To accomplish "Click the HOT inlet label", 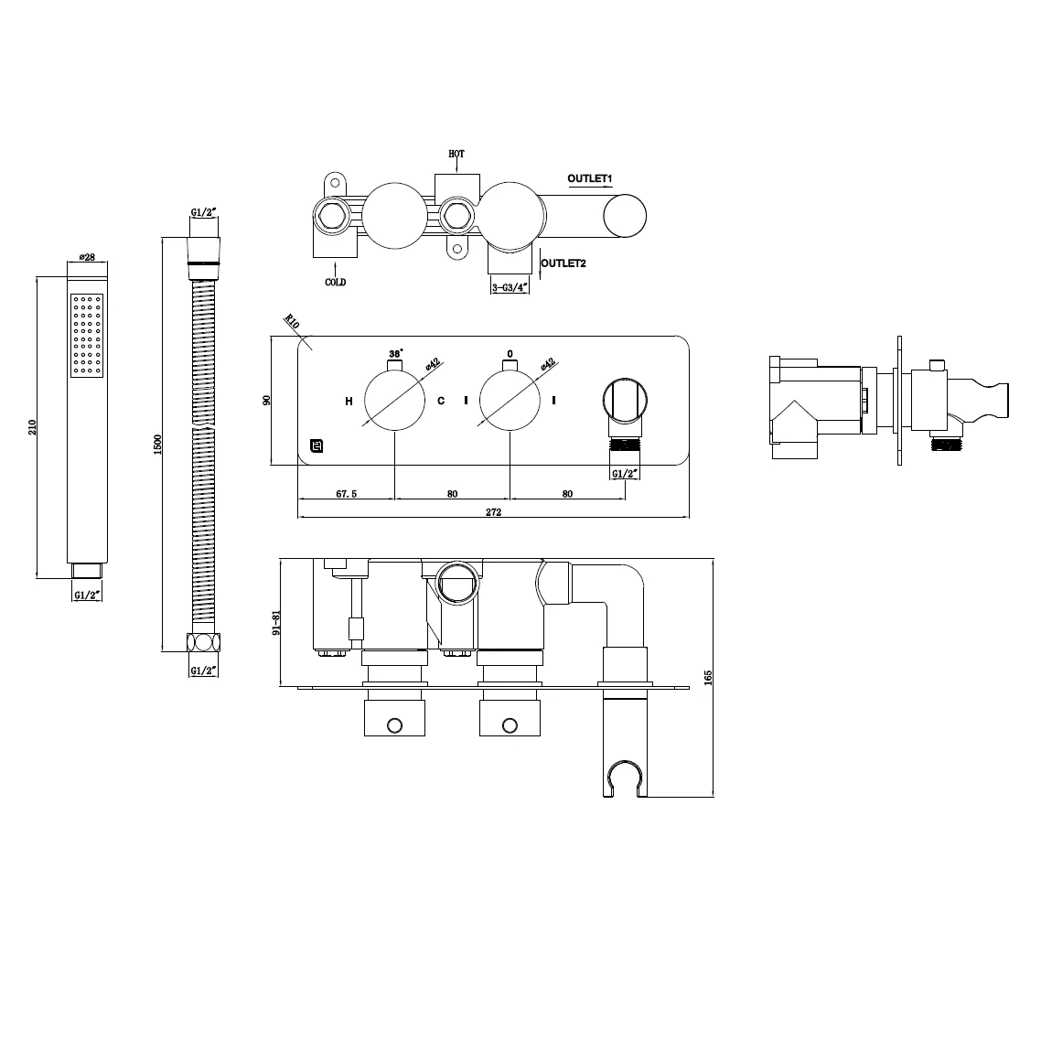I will [x=456, y=154].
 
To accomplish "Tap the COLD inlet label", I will [x=336, y=283].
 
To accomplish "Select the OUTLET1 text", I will [x=589, y=177].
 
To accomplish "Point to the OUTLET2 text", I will [x=563, y=263].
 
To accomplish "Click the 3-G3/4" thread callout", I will [x=510, y=287].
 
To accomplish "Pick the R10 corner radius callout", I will [x=293, y=321].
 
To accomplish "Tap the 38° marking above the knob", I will [x=395, y=353].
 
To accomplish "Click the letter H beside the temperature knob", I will [x=349, y=401].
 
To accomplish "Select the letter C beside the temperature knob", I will [x=441, y=401].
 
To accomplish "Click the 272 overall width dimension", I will [x=493, y=512].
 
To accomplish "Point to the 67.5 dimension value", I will [x=346, y=494].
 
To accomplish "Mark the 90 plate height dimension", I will [x=266, y=402].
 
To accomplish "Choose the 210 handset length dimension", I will [x=34, y=426].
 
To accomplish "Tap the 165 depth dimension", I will [x=708, y=676].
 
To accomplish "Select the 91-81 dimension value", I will [x=276, y=623].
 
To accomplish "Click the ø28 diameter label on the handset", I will [x=89, y=257].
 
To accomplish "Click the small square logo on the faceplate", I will [x=317, y=447].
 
